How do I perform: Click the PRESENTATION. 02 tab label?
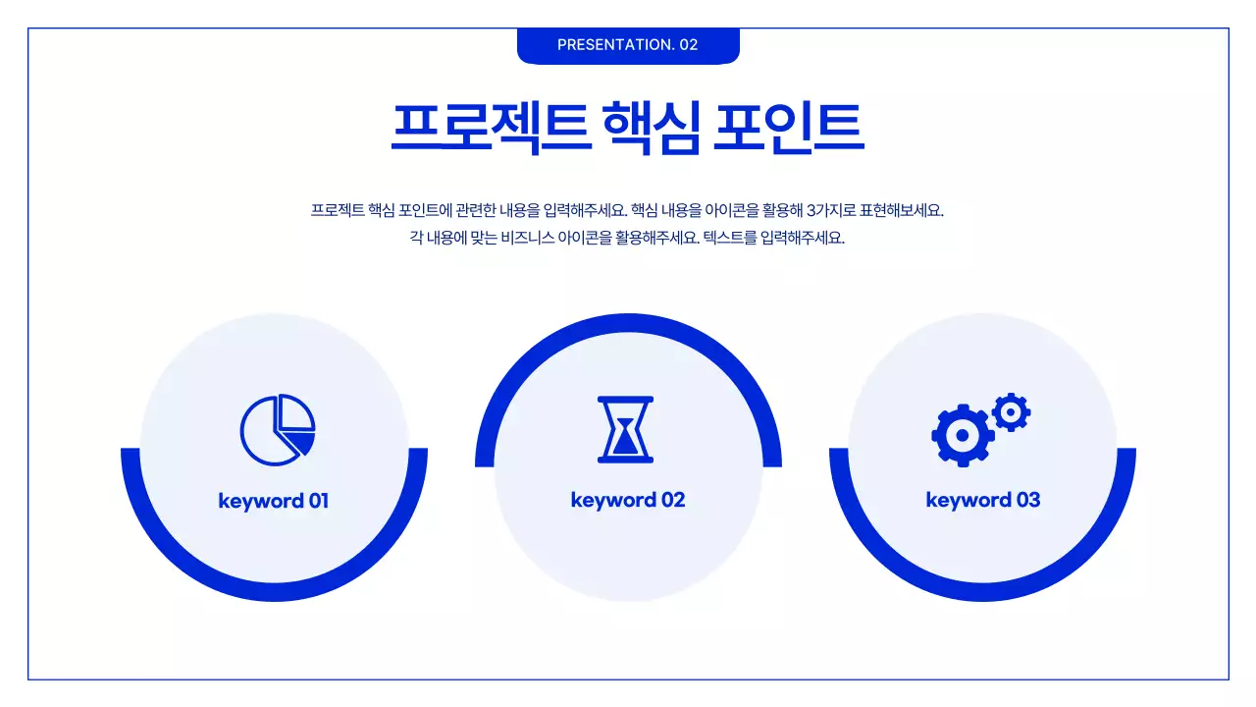627,45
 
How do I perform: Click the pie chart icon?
277,430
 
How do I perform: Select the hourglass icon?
625,429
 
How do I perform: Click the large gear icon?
962,434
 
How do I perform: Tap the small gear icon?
1010,412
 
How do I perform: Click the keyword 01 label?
273,501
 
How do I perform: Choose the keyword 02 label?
628,500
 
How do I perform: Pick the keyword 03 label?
982,500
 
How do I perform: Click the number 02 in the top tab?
688,45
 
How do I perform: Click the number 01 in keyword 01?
318,501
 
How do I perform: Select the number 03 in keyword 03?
1027,500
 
